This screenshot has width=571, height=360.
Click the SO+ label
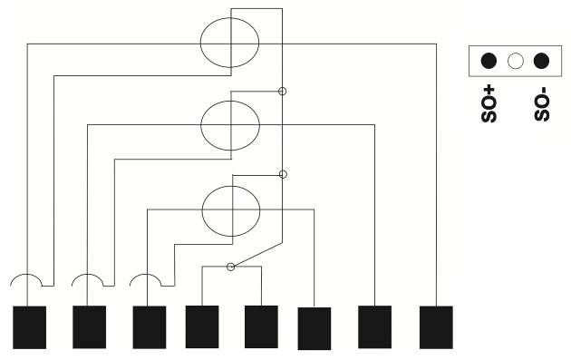[x=489, y=104]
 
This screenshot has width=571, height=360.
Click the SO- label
[x=541, y=104]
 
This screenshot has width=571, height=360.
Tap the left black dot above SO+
[x=489, y=61]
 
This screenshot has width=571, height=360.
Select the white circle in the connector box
[x=516, y=61]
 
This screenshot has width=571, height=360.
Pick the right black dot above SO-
[x=541, y=61]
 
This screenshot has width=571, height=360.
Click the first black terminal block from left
[x=30, y=327]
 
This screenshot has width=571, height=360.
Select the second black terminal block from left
[x=89, y=326]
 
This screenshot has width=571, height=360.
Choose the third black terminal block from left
[x=150, y=327]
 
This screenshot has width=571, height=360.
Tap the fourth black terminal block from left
[x=202, y=326]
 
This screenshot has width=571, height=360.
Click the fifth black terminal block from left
[x=261, y=326]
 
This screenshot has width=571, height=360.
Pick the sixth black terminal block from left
[x=315, y=328]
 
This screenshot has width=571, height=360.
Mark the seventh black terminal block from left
[x=374, y=326]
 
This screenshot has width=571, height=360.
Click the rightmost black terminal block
[x=436, y=327]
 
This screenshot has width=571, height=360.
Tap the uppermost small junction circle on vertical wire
[x=282, y=91]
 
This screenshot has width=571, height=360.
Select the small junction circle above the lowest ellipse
[x=283, y=174]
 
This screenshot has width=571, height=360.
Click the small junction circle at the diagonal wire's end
[x=230, y=267]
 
